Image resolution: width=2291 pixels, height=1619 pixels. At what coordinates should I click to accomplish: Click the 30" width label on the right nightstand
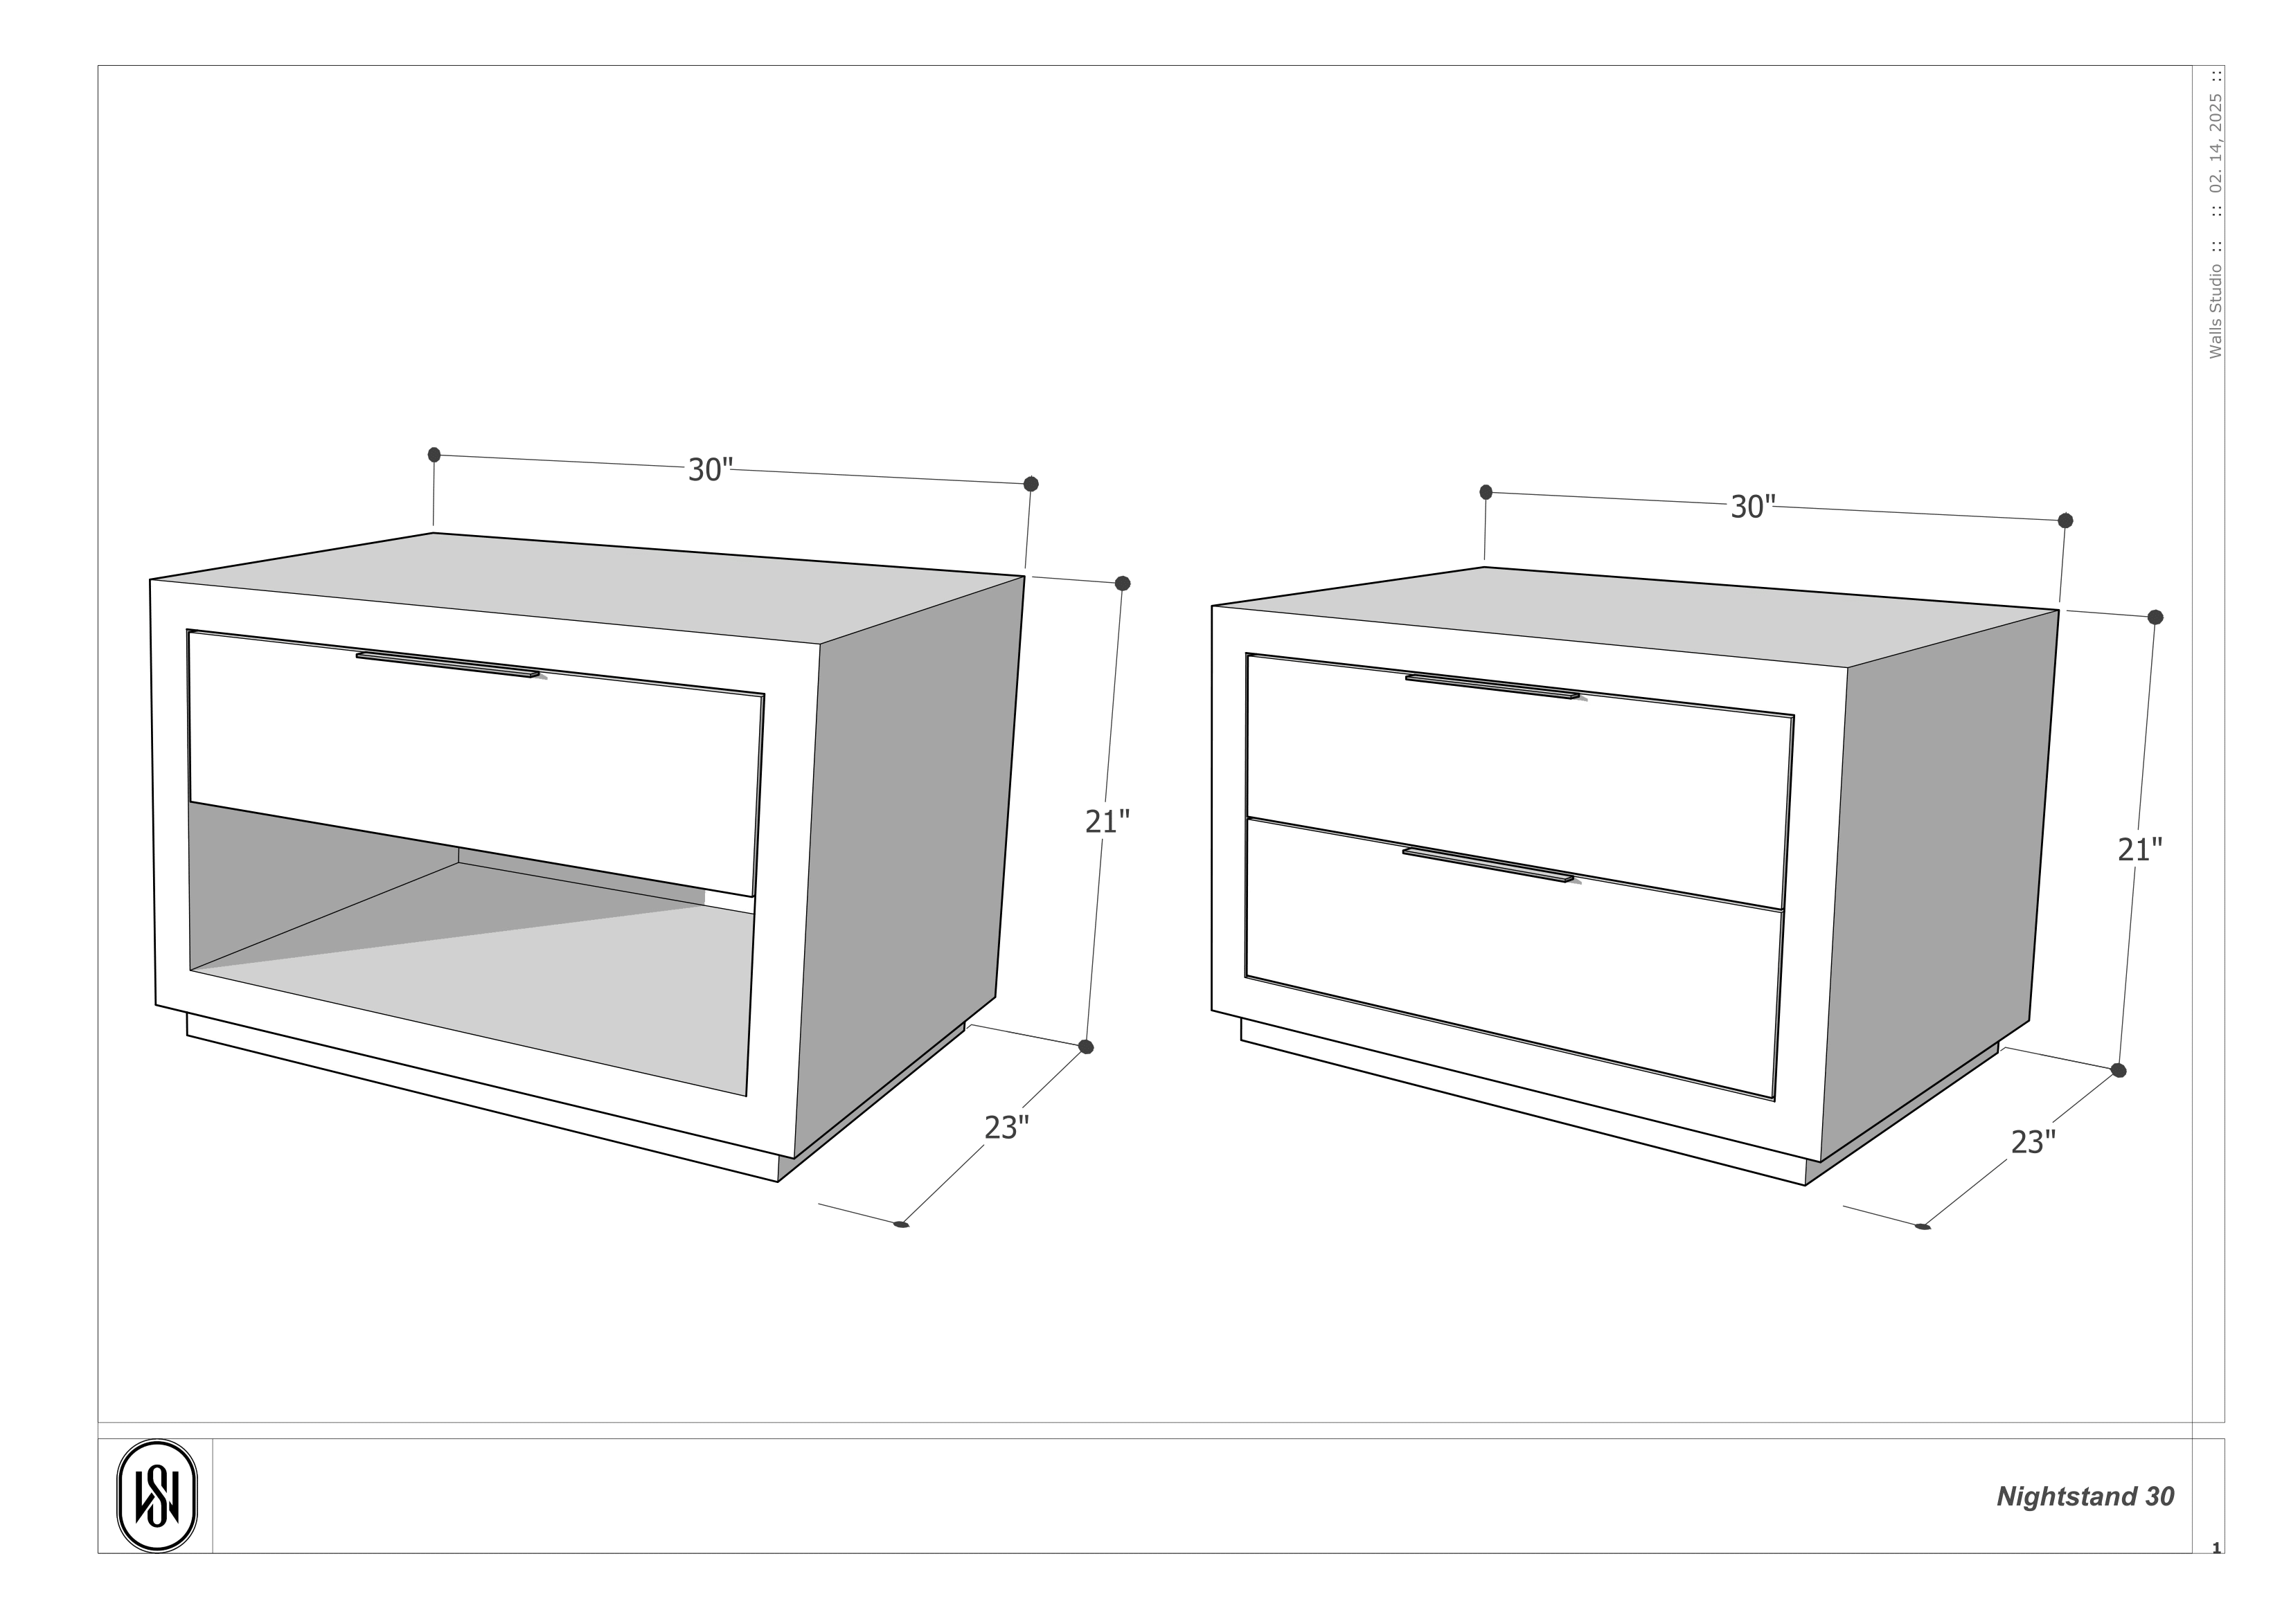click(1752, 507)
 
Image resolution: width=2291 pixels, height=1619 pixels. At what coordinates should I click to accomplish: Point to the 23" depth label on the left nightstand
click(1006, 1128)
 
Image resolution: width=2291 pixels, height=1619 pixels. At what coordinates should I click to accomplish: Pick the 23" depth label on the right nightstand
click(2033, 1142)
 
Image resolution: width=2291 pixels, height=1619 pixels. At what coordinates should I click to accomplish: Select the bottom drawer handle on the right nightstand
click(1487, 865)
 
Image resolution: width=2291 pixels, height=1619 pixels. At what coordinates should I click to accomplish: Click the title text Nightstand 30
click(2085, 1496)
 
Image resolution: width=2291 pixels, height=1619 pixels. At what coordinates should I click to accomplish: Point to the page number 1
click(2216, 1548)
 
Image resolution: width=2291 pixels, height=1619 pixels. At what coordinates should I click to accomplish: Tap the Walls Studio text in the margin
click(2216, 311)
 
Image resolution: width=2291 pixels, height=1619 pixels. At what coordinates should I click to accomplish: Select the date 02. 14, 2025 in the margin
click(2216, 143)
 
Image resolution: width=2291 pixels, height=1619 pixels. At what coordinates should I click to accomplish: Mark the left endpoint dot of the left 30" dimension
click(434, 455)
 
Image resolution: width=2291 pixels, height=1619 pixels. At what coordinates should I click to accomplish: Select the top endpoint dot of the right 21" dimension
click(2155, 617)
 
